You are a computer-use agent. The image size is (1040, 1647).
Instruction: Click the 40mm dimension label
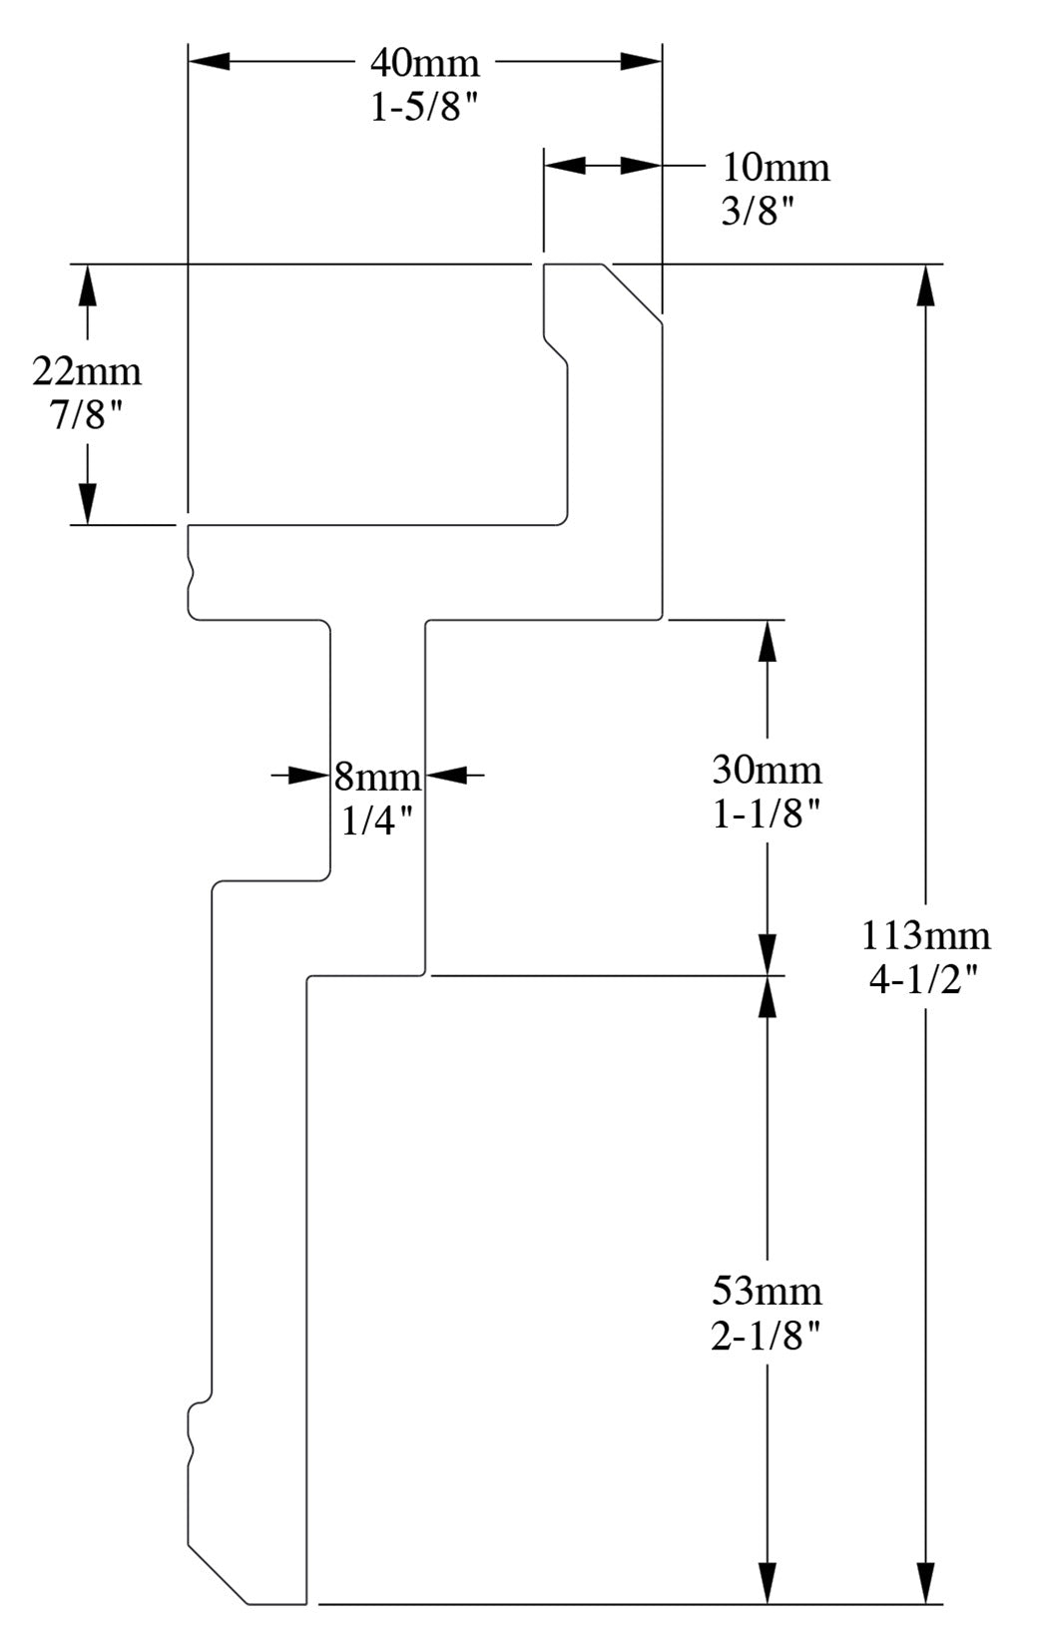tap(425, 63)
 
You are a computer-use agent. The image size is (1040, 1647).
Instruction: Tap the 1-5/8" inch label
tap(425, 107)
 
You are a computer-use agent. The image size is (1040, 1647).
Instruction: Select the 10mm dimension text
tap(776, 167)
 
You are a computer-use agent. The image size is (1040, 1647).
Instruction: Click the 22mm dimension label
tap(87, 371)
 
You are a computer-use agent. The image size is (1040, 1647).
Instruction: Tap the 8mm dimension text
tap(377, 776)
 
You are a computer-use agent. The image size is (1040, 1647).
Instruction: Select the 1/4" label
tap(377, 821)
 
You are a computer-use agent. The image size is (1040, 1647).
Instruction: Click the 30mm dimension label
tap(767, 770)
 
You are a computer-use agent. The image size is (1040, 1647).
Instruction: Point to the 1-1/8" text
tap(767, 815)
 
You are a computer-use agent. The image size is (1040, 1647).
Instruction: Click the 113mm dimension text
tap(926, 935)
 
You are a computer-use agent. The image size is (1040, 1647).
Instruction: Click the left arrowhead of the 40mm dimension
tap(210, 61)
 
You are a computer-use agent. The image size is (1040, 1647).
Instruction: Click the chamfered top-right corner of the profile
tap(633, 292)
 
